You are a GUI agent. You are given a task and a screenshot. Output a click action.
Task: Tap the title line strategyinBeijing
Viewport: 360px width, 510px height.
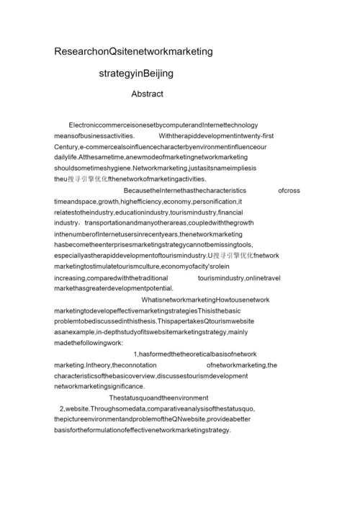coord(137,73)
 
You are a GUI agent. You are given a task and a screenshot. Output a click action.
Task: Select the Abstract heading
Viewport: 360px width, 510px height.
coord(147,94)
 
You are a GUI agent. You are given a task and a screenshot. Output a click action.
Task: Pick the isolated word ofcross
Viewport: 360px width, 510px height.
coord(289,191)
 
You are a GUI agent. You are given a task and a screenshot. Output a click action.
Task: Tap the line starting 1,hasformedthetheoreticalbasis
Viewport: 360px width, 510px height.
coord(194,354)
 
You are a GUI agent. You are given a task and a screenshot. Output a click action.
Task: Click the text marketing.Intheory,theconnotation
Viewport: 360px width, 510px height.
coord(110,365)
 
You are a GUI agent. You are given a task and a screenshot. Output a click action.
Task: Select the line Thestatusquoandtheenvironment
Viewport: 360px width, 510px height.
coord(158,398)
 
